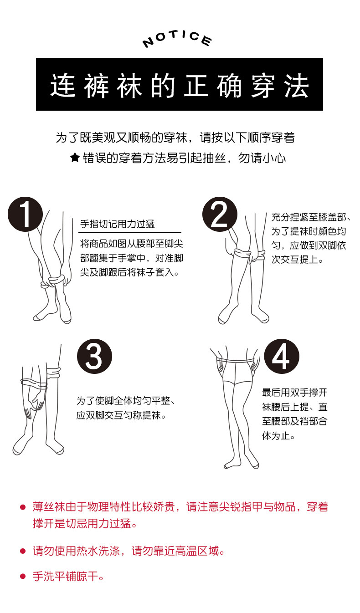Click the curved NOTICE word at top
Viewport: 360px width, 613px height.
[x=177, y=39]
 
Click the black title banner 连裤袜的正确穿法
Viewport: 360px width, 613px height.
[x=180, y=84]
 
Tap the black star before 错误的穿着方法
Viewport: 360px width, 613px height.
[x=75, y=158]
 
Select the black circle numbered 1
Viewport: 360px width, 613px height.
[x=26, y=214]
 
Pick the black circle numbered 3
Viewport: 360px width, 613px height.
[x=94, y=356]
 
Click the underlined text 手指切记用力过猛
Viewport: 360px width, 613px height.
[x=118, y=224]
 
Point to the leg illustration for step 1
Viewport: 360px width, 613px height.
[x=52, y=273]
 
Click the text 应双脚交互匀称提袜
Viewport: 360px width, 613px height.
[x=121, y=415]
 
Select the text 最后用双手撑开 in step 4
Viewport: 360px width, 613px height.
[x=294, y=393]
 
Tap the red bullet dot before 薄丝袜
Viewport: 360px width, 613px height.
[x=22, y=507]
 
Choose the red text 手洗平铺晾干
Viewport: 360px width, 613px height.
[x=68, y=577]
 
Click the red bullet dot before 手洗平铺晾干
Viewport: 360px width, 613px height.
[x=22, y=577]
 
